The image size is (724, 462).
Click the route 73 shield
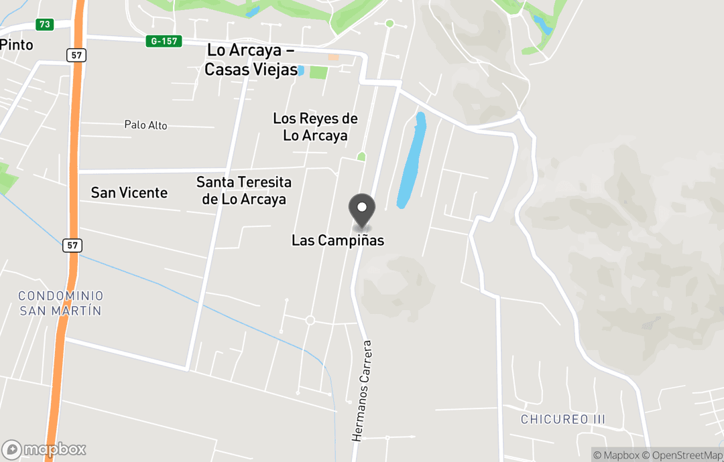click(45, 24)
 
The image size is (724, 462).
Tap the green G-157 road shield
click(164, 42)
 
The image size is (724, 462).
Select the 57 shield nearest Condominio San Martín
click(73, 246)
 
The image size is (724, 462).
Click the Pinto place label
click(16, 45)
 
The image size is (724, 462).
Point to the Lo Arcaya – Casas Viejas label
click(252, 60)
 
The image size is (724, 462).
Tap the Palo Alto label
click(145, 125)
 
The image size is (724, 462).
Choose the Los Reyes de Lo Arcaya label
click(315, 127)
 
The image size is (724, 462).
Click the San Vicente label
click(129, 193)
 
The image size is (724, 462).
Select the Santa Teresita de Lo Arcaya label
click(244, 191)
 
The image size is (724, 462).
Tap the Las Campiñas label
click(338, 240)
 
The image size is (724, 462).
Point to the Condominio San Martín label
click(60, 303)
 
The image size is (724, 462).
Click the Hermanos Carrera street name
click(362, 391)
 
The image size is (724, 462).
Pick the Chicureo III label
click(563, 420)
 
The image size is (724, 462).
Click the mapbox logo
click(44, 449)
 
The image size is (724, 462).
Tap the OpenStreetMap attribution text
click(684, 455)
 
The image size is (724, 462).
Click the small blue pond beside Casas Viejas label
click(301, 70)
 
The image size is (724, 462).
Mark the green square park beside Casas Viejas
click(319, 72)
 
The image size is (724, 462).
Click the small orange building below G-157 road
click(333, 58)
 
